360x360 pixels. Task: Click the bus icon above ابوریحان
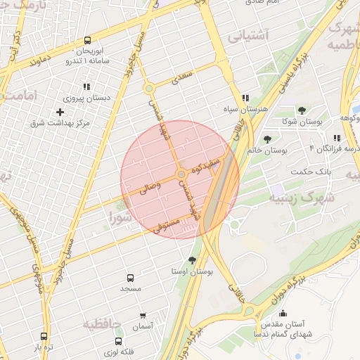point(87,40)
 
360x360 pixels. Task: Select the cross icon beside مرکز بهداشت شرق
point(60,112)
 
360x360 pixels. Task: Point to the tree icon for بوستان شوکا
point(302,110)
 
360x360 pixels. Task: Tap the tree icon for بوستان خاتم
point(268,139)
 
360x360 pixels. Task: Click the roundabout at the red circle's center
point(181,174)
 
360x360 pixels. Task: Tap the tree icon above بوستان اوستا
point(192,260)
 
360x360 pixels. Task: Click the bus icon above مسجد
point(130,278)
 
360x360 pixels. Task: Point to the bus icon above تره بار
point(44,337)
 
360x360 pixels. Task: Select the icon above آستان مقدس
point(283,314)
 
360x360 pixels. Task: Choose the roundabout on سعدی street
point(149,89)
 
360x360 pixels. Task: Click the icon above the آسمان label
point(143,316)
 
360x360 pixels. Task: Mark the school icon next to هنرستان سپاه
point(245,98)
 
